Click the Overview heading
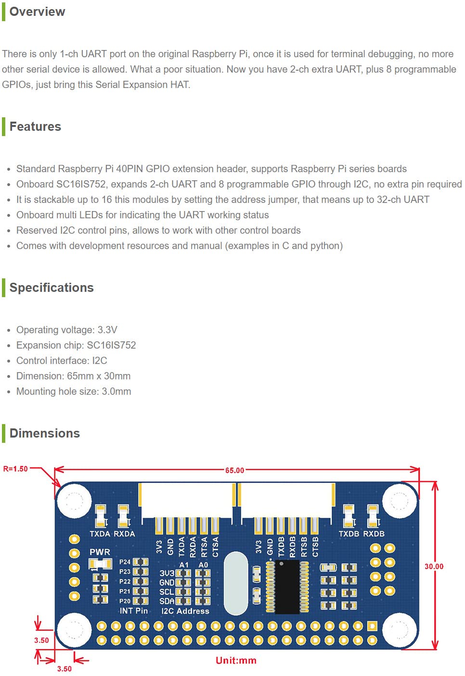37,12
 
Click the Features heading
35,126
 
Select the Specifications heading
52,288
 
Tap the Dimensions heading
44,433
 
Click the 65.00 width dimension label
234,470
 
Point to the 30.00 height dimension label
434,566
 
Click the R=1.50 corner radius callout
15,469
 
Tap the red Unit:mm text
236,660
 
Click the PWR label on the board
100,552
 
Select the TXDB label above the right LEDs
349,534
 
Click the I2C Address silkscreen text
185,611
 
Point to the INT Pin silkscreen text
133,611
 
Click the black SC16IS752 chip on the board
287,587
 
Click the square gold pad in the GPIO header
372,626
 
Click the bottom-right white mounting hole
400,630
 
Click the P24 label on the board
125,562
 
